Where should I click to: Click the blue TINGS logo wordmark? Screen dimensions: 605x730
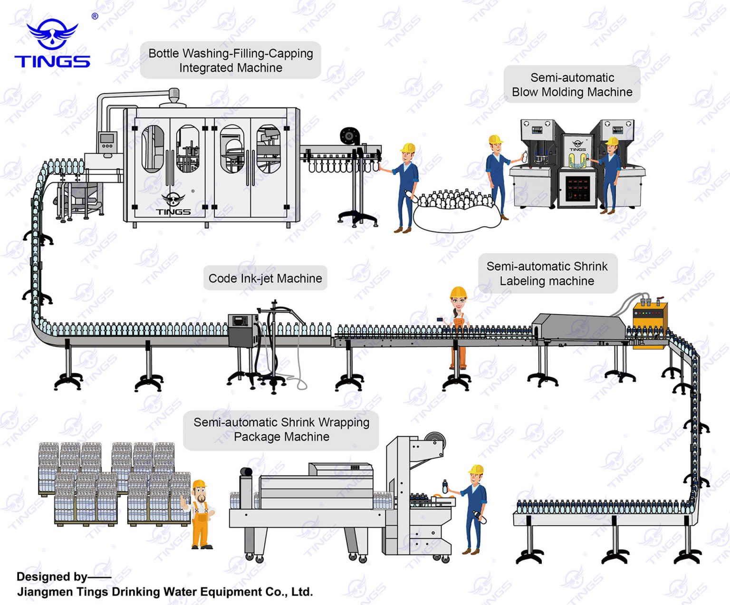coord(52,61)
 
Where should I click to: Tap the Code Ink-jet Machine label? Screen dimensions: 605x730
coord(265,278)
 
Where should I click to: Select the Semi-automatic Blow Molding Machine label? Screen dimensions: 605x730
coord(572,85)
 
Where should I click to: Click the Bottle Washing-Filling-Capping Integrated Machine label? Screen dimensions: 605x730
coord(231,60)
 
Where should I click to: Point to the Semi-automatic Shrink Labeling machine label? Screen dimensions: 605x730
coord(547,274)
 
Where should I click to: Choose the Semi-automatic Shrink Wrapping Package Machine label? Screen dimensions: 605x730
coord(281,430)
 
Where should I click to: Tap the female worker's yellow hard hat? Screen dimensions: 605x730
coord(458,292)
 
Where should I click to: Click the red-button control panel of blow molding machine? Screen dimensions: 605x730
coord(577,187)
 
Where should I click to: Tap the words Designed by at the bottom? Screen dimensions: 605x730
coord(52,576)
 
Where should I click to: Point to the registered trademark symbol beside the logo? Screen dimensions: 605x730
coord(95,16)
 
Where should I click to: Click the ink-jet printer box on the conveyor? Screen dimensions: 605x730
coord(243,330)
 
